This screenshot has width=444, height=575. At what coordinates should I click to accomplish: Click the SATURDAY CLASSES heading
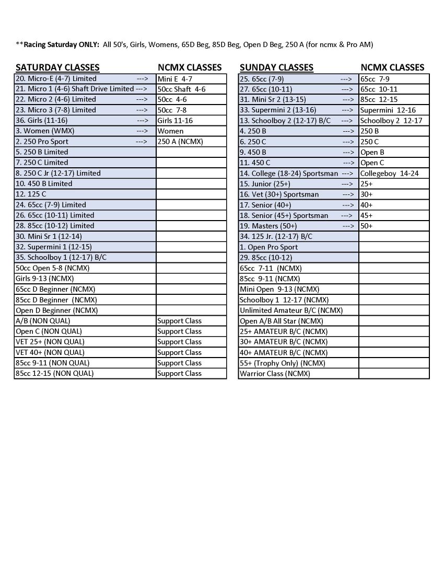coord(57,67)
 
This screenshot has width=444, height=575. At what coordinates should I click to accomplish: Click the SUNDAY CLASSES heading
coord(276,67)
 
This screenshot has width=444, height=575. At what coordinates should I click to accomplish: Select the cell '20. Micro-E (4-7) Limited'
coord(56,78)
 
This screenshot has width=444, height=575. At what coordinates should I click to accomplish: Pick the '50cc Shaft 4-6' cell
coord(181,89)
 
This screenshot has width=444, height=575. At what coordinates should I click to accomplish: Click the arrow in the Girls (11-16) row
coord(142,120)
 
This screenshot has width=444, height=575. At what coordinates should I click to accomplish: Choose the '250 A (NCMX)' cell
coord(180,141)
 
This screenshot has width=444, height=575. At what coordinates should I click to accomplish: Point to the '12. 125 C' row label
coord(31,194)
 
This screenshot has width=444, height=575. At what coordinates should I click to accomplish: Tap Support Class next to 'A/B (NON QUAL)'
coord(179,320)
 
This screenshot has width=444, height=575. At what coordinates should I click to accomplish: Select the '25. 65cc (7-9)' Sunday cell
coord(262,78)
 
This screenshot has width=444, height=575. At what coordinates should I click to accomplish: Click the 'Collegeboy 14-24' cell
coord(389,173)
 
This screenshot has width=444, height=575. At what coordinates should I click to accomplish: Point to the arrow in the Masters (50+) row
coord(347,226)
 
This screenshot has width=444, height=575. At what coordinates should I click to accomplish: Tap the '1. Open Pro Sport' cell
coord(268,247)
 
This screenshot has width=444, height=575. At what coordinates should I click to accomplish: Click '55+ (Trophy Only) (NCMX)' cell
coord(282,363)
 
